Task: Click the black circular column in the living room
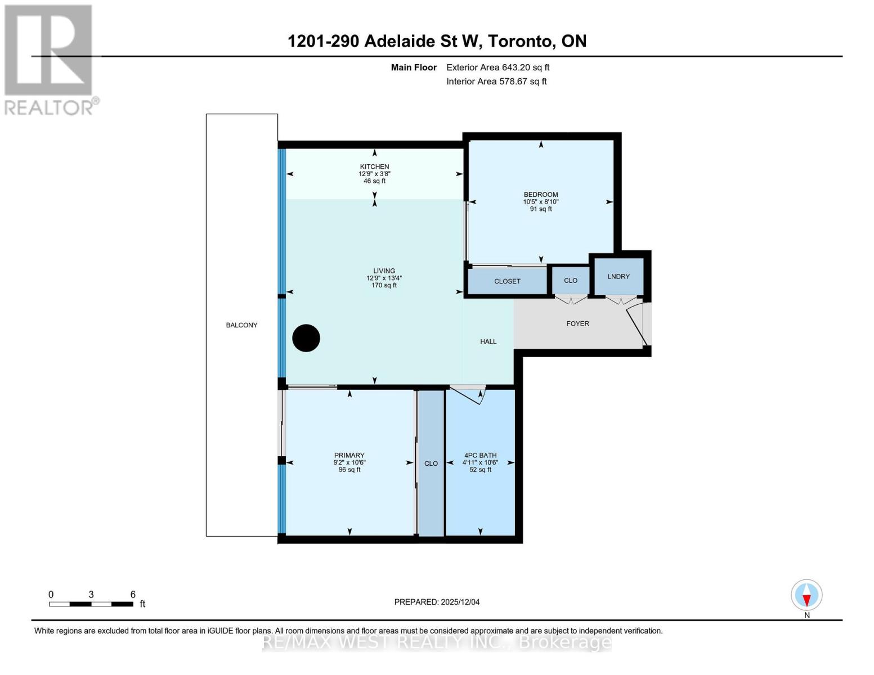[306, 338]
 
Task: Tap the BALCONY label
[241, 325]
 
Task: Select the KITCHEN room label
[374, 166]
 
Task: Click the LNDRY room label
[618, 276]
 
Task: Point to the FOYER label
[577, 323]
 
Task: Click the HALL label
[488, 341]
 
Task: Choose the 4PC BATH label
[480, 455]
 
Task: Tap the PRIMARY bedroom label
[349, 455]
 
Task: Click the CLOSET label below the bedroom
[507, 281]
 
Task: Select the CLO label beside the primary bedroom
[431, 463]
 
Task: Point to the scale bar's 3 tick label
[91, 595]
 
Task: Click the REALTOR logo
[49, 59]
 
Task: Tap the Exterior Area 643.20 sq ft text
[497, 67]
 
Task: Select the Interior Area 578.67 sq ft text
[496, 82]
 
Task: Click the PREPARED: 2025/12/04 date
[437, 602]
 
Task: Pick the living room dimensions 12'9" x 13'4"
[384, 278]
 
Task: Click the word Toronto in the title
[519, 41]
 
